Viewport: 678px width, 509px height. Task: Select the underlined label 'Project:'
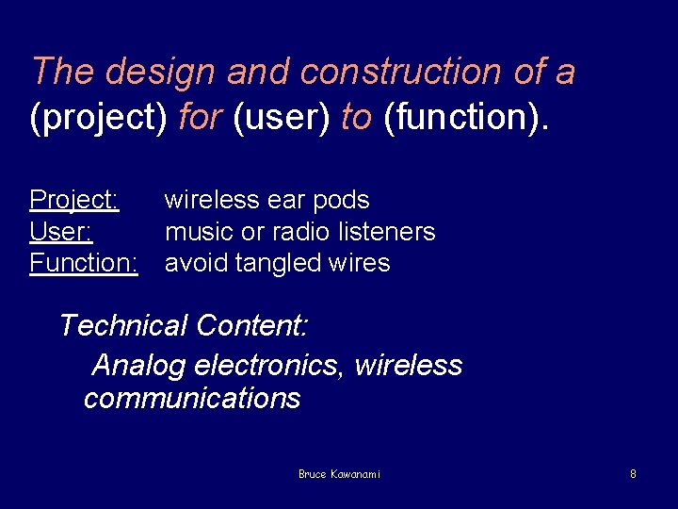73,200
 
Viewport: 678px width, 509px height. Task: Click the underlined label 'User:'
60,231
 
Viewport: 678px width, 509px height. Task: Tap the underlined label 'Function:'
84,262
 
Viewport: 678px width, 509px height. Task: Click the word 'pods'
341,200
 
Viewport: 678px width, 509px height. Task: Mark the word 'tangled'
277,262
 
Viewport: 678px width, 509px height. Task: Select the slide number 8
633,474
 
